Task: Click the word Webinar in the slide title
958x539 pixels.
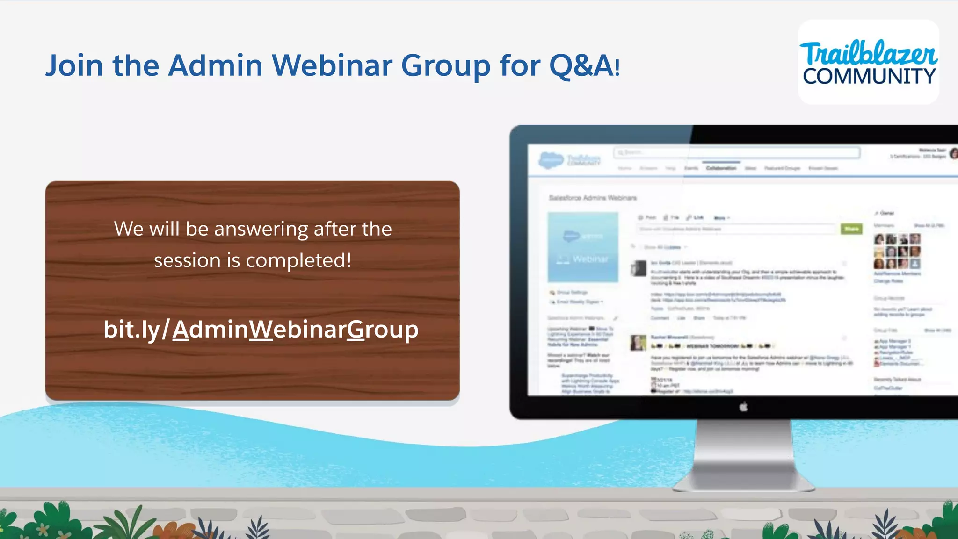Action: [332, 65]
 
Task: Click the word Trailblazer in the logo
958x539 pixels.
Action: [868, 53]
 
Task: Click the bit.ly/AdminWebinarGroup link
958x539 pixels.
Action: [261, 330]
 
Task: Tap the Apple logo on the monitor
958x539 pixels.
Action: [743, 407]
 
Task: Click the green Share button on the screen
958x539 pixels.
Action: [851, 229]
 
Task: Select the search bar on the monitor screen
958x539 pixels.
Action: [737, 152]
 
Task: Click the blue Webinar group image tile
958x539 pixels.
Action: [583, 247]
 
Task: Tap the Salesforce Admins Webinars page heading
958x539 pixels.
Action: [593, 198]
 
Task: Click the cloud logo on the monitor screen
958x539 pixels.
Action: [551, 160]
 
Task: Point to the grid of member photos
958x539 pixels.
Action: [897, 252]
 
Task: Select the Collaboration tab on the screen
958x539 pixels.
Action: [721, 168]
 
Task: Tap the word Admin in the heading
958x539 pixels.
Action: [215, 65]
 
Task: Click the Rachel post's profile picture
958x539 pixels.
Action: [638, 343]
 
